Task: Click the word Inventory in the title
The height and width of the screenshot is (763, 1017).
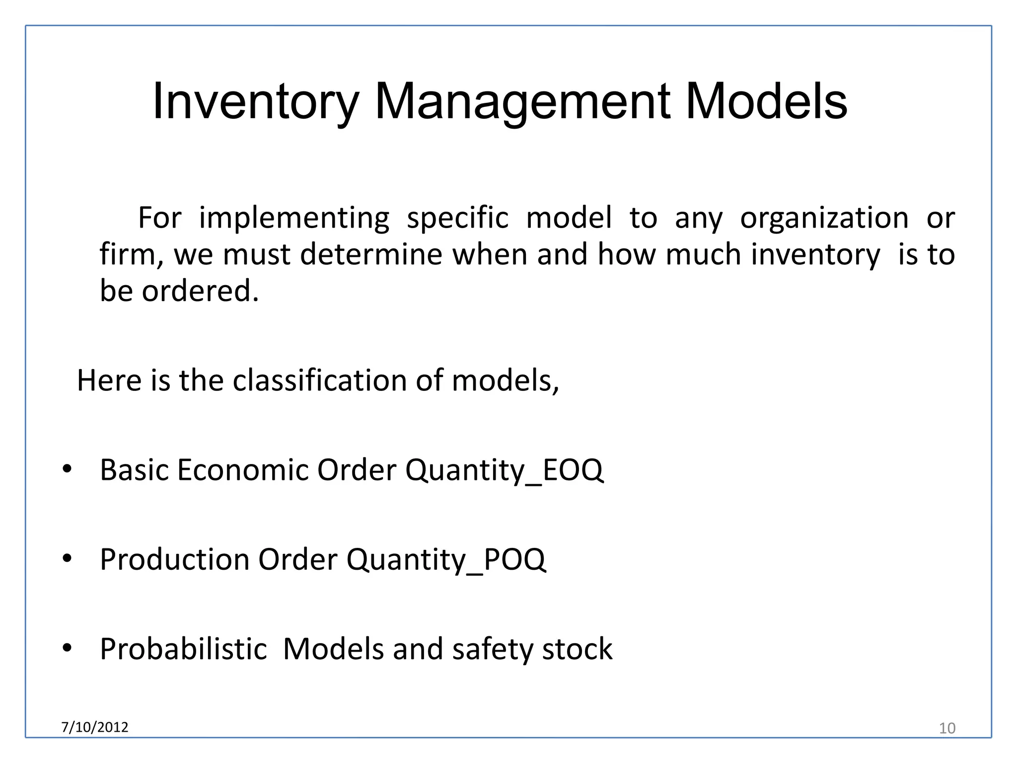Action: [255, 102]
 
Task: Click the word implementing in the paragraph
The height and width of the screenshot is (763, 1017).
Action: [294, 218]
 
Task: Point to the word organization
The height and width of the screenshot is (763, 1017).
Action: [824, 218]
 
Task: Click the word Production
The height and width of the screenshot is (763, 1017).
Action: [174, 559]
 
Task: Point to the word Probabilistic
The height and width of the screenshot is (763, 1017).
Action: [183, 649]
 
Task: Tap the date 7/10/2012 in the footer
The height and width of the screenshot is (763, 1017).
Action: [94, 727]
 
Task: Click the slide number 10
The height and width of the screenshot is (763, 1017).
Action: [947, 728]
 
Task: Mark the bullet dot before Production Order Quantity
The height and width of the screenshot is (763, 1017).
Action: [67, 558]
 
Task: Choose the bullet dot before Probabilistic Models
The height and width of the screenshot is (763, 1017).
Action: [67, 648]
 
